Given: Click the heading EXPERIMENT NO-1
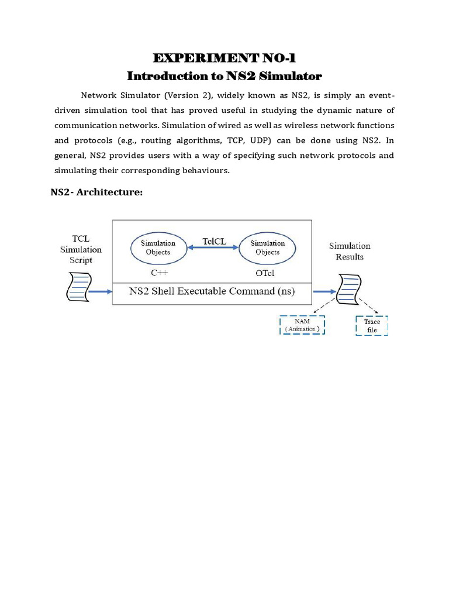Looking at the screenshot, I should pyautogui.click(x=224, y=58).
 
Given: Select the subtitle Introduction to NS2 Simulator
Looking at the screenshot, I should pyautogui.click(x=224, y=76).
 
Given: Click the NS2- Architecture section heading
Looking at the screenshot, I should pyautogui.click(x=97, y=193).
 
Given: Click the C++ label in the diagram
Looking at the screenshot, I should pyautogui.click(x=158, y=273).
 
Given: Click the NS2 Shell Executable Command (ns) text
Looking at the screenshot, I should pyautogui.click(x=212, y=291).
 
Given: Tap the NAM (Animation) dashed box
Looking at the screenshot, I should pyautogui.click(x=302, y=325).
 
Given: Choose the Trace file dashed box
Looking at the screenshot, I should pyautogui.click(x=372, y=326).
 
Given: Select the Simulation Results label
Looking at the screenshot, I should pyautogui.click(x=350, y=252).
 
